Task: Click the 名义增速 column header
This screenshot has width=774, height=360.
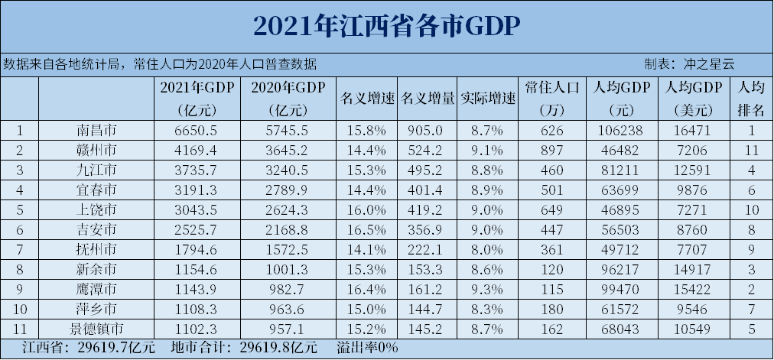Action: [x=366, y=99]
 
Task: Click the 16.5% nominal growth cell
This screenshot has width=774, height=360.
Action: [x=366, y=229]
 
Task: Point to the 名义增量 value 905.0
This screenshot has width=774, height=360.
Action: [x=428, y=130]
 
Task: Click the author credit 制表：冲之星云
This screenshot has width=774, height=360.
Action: [x=688, y=64]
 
